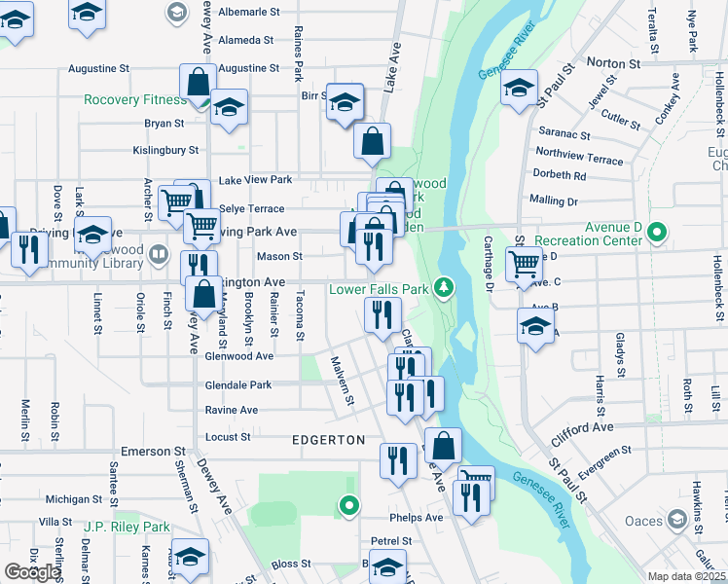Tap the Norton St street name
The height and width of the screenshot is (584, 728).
(612, 63)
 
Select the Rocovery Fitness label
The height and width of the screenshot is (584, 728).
(134, 100)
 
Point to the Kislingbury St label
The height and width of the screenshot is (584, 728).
(165, 151)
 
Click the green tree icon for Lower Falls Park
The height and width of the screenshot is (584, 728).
(444, 287)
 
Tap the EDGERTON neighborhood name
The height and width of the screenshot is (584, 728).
(328, 440)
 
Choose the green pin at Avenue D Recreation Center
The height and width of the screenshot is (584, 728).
(657, 232)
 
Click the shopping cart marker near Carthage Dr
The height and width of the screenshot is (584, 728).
(524, 262)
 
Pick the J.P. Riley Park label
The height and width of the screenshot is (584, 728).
(127, 528)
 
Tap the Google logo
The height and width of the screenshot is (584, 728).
(32, 571)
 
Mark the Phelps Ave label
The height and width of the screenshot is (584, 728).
(416, 518)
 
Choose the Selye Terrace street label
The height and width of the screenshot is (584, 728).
(252, 209)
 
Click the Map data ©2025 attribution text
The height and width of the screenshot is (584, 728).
(686, 576)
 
